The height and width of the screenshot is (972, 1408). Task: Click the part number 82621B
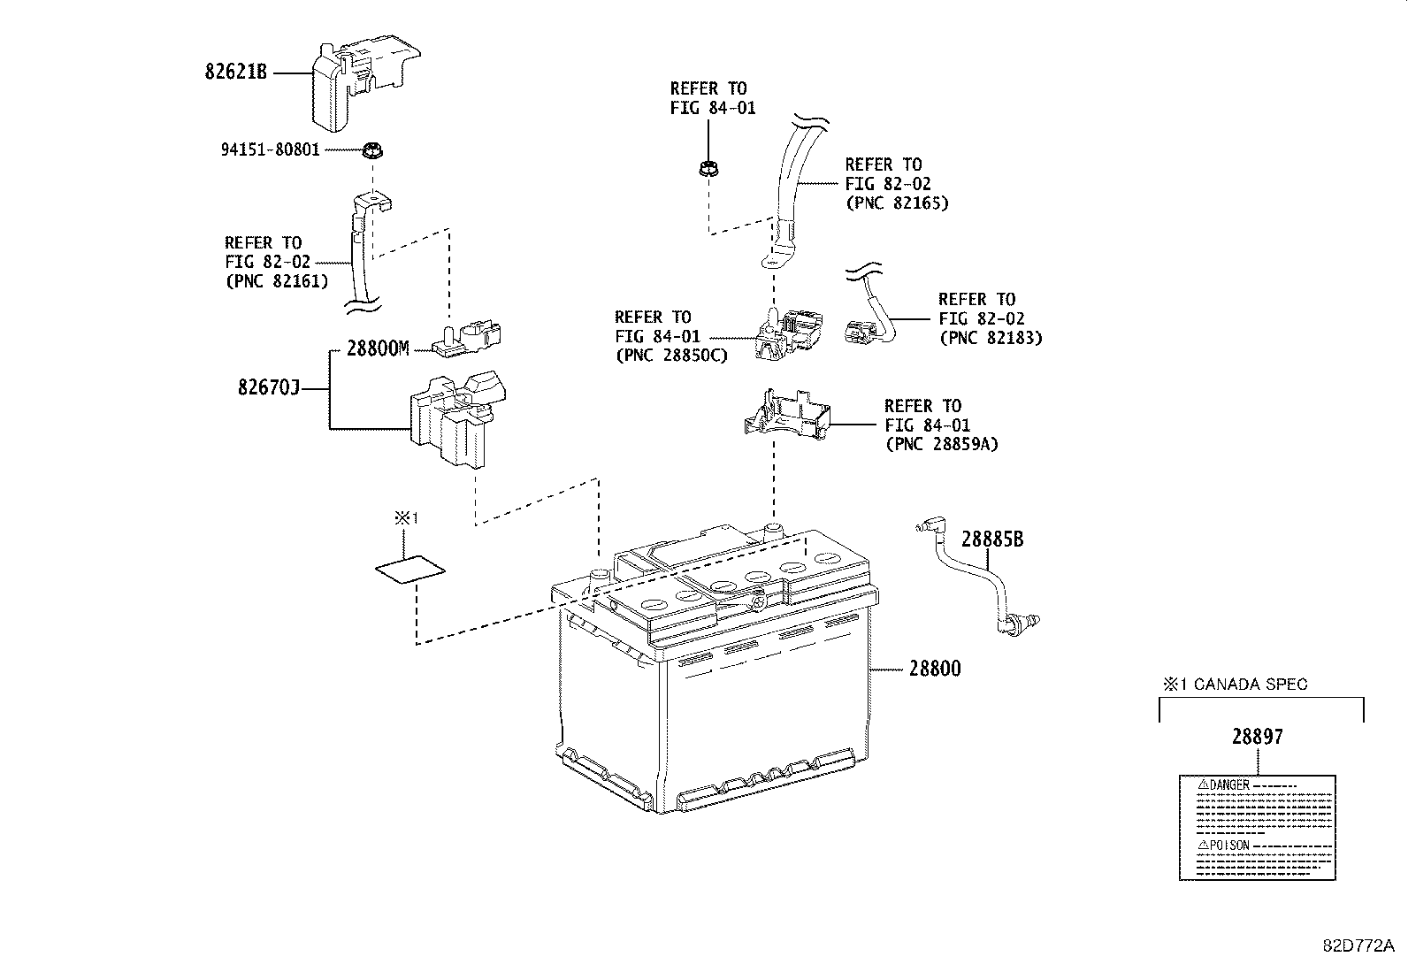[235, 73]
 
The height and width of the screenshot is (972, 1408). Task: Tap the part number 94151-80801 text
[270, 150]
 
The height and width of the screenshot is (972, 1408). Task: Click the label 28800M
[378, 348]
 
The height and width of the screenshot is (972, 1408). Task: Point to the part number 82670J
[269, 387]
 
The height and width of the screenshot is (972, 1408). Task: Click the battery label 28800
[934, 669]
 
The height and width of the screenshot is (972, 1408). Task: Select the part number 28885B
[992, 539]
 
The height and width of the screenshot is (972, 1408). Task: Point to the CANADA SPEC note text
[1243, 684]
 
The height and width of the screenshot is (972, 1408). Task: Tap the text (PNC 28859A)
[941, 444]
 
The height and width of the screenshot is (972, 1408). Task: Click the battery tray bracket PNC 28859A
[787, 415]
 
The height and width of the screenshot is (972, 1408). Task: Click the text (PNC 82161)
[277, 281]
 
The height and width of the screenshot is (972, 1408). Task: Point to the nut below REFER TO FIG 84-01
[707, 167]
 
